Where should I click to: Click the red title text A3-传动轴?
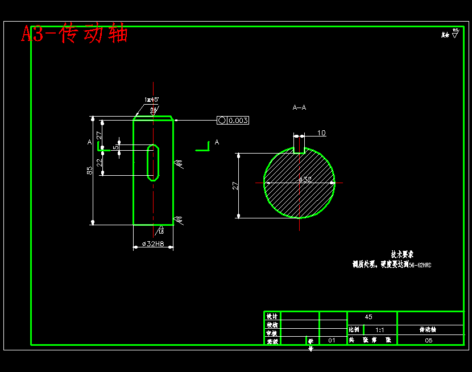[x=74, y=34]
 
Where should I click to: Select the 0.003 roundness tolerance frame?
[x=233, y=120]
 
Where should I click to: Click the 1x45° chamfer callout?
[x=151, y=100]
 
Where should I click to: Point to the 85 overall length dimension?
[x=90, y=171]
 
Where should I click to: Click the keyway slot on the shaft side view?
[x=154, y=163]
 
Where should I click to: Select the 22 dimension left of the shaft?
[x=99, y=162]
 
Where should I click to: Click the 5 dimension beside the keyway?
[x=115, y=147]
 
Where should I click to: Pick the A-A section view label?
[x=299, y=107]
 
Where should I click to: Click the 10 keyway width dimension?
[x=321, y=133]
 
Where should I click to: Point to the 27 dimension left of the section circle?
[x=235, y=185]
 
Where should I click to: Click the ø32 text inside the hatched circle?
[x=305, y=179]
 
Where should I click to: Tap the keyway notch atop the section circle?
[x=299, y=150]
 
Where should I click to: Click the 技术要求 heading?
[x=402, y=254]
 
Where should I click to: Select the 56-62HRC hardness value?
[x=420, y=265]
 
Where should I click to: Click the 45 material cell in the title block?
[x=369, y=317]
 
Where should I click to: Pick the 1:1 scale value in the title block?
[x=380, y=330]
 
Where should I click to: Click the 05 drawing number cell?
[x=429, y=340]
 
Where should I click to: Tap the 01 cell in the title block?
[x=332, y=340]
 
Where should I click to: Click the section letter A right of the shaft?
[x=217, y=142]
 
